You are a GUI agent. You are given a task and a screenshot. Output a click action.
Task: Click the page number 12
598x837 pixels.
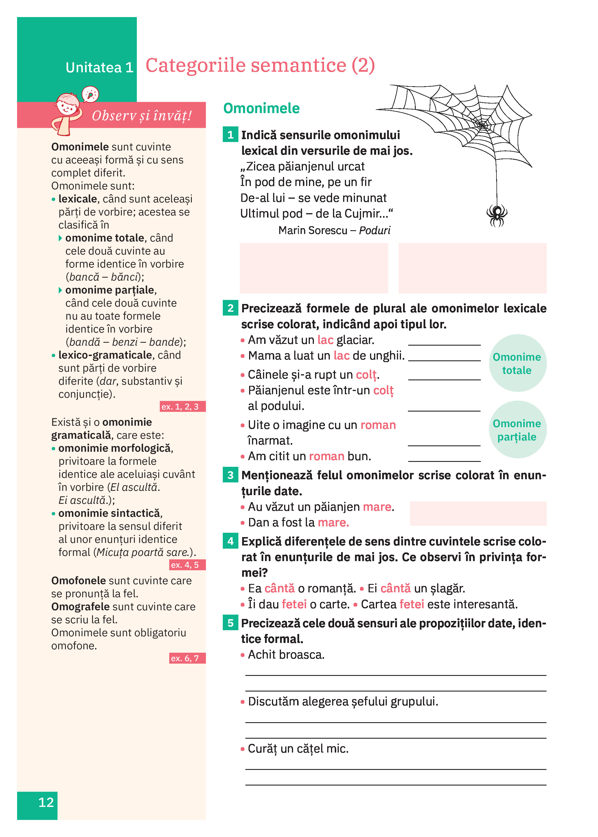coord(46,802)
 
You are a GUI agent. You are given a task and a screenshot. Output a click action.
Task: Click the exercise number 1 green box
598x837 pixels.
coord(231,135)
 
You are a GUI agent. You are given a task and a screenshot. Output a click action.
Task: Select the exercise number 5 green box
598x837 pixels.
coord(231,623)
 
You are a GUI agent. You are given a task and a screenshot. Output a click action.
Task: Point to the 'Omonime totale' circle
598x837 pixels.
coord(517,363)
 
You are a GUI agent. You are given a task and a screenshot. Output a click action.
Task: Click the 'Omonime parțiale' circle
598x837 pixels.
coord(517,429)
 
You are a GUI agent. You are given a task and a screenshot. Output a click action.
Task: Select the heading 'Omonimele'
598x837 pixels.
coord(262,108)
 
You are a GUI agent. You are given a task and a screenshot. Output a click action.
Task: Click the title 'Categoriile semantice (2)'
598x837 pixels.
coord(260,66)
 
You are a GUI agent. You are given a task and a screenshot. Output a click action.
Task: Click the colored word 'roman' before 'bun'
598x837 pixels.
coord(326,456)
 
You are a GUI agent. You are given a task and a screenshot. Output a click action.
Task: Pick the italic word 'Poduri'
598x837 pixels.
coord(374,231)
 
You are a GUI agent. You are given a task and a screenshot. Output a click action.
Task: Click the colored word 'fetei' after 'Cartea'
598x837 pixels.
coord(412,604)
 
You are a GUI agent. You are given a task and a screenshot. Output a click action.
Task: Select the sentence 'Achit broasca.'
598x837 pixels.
coord(286,655)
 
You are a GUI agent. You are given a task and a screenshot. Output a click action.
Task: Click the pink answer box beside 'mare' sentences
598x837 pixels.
coord(478,513)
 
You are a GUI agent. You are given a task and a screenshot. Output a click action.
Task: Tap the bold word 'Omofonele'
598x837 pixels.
coord(78,580)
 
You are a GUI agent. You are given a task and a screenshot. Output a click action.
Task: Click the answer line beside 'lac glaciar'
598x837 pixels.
coord(444,344)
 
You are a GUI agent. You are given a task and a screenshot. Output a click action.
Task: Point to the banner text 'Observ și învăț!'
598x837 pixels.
coord(142,116)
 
